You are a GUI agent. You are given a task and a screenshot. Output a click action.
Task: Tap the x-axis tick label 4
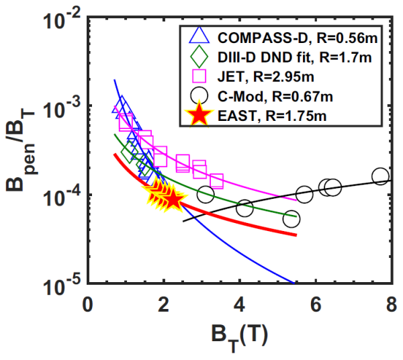(238, 303)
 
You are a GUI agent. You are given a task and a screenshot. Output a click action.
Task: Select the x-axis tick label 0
(87, 303)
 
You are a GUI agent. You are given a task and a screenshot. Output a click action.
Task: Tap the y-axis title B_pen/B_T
(27, 151)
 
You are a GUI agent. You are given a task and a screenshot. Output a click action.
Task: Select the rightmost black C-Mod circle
(380, 177)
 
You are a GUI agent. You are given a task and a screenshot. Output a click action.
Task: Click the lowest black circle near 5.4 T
(292, 219)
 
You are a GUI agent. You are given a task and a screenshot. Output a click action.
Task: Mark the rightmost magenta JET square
(216, 181)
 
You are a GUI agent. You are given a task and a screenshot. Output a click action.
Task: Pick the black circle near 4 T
(244, 208)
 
